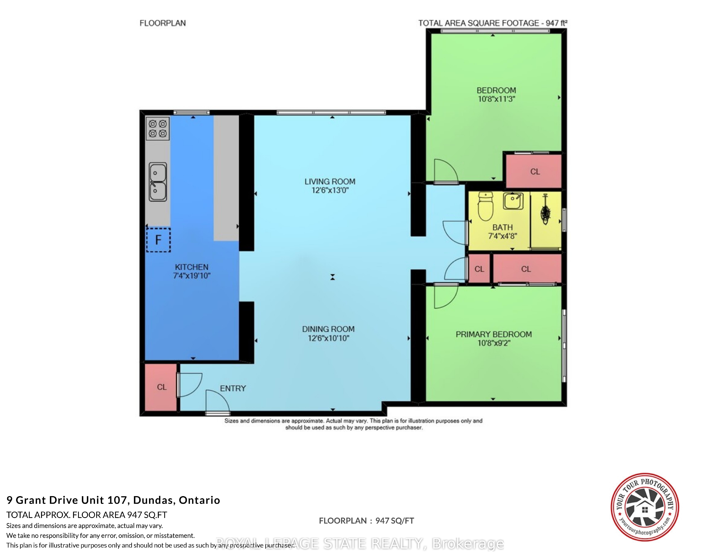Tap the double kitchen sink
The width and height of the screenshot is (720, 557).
click(158, 182)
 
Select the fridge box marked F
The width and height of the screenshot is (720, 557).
click(158, 240)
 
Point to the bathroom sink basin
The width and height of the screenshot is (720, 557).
click(513, 201)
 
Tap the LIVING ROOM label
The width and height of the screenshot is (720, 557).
click(330, 182)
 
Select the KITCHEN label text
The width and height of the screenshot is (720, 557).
click(192, 267)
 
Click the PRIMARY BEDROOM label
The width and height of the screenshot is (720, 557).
click(494, 334)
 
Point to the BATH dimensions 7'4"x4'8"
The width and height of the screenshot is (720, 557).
click(502, 236)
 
